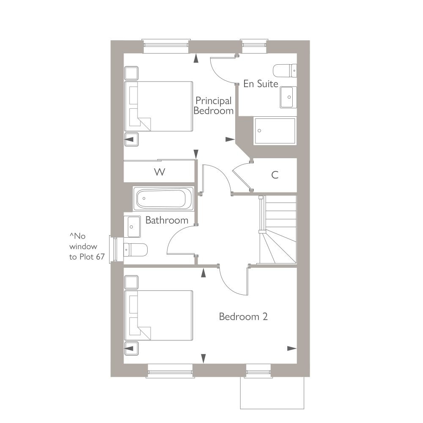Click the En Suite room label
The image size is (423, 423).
click(261, 84)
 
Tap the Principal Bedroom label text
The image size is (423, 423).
click(213, 105)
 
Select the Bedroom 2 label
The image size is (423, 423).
click(243, 316)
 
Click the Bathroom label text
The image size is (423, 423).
click(167, 220)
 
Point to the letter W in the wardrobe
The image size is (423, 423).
click(160, 172)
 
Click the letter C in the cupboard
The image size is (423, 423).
click(275, 175)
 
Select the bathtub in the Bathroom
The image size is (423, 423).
click(163, 198)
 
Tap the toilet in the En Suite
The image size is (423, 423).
click(285, 71)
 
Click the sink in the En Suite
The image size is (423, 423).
click(288, 97)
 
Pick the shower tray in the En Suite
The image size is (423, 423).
click(275, 131)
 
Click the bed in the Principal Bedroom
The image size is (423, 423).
click(159, 107)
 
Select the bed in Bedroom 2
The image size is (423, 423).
click(159, 316)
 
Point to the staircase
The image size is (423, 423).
click(277, 229)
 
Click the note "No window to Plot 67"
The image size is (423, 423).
click(87, 246)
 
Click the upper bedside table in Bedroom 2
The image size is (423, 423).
click(132, 282)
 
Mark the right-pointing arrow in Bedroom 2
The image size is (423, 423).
click(292, 348)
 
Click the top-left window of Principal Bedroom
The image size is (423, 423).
click(165, 46)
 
